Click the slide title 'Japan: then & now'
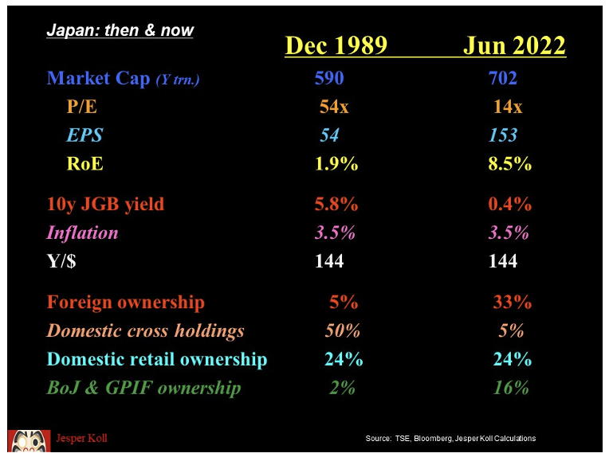(x=120, y=31)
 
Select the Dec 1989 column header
(x=336, y=46)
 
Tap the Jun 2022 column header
(x=514, y=46)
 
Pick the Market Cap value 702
(x=502, y=78)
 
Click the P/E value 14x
(x=508, y=107)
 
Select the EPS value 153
(x=503, y=135)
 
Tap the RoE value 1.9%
(x=336, y=164)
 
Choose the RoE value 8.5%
(x=510, y=164)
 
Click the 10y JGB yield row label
(x=105, y=204)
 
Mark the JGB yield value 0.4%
(x=510, y=204)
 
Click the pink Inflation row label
(x=82, y=232)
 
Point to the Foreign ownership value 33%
(x=512, y=303)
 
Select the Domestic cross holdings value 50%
(x=342, y=331)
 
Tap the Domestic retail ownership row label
(x=157, y=360)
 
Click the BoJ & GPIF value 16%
(x=510, y=388)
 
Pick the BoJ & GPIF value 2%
(x=342, y=388)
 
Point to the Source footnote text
(x=450, y=439)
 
